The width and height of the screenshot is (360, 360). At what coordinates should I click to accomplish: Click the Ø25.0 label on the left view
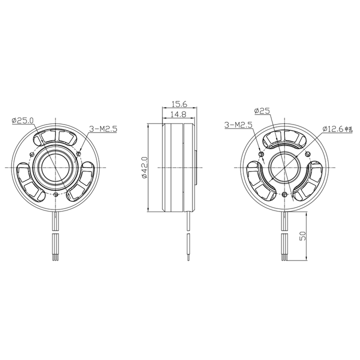tap(22, 120)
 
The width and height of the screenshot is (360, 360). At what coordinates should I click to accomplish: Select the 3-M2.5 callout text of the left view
tap(102, 129)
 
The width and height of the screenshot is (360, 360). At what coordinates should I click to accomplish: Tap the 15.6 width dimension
tap(178, 104)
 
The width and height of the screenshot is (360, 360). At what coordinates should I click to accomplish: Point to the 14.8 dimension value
tap(178, 114)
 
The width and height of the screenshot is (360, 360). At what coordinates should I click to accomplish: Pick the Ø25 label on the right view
tap(262, 110)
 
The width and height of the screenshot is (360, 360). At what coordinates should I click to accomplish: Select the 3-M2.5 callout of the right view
tap(238, 124)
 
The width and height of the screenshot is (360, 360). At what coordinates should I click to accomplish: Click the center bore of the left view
tap(55, 166)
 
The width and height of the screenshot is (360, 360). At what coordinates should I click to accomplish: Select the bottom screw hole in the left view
tap(55, 193)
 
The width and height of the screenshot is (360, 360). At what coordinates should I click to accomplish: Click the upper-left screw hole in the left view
tap(32, 153)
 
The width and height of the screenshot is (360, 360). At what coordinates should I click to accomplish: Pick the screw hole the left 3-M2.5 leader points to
tap(78, 153)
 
